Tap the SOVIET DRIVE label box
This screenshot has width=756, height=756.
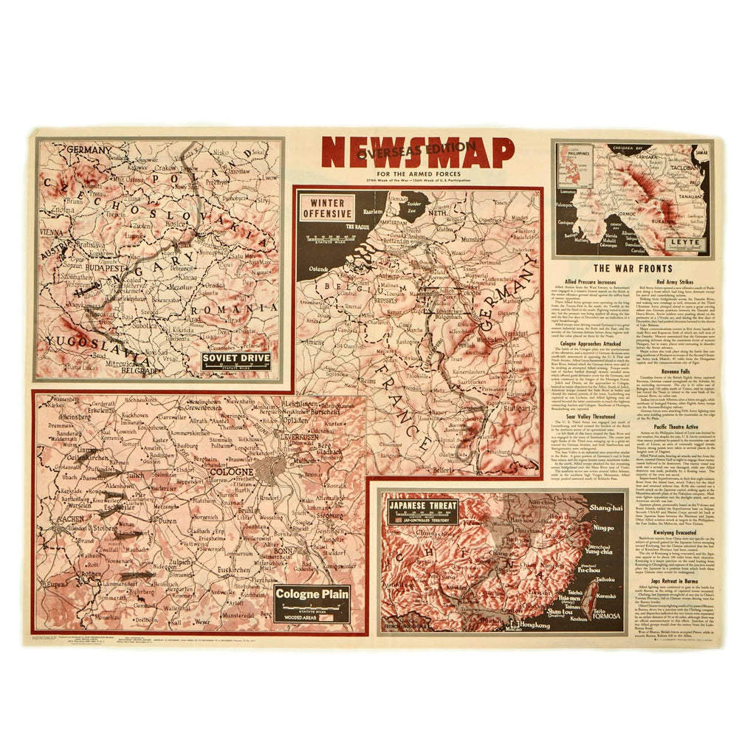tap(236, 361)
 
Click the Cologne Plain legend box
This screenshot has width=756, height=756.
tap(312, 602)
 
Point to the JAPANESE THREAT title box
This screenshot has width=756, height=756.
tap(423, 511)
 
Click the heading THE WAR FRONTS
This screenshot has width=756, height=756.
tap(633, 269)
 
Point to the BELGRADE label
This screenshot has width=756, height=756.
tap(143, 371)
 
